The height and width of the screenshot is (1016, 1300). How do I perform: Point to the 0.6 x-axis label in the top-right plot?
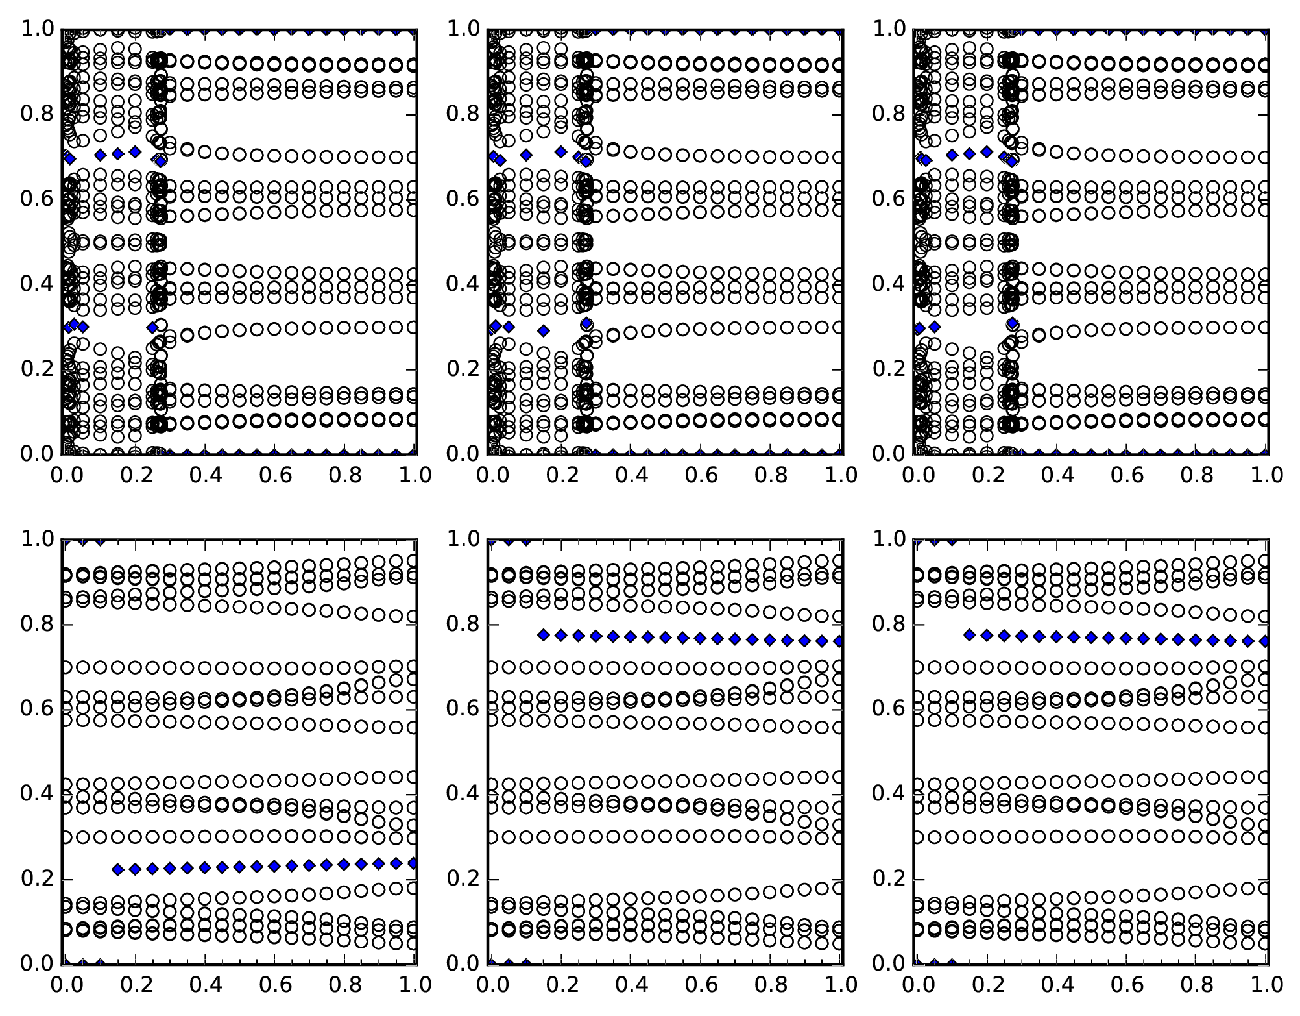tap(1127, 475)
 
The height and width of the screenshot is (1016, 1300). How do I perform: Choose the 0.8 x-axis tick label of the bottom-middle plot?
tap(773, 985)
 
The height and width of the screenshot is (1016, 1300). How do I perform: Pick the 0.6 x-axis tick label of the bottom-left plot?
tap(276, 985)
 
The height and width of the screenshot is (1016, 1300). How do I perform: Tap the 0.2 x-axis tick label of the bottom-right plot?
tap(987, 985)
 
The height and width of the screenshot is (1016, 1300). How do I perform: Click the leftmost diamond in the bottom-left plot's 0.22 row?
tap(118, 870)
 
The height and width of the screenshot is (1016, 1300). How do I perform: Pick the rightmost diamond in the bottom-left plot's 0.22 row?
tap(413, 863)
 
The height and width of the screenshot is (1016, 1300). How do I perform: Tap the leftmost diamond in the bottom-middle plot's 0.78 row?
tap(544, 635)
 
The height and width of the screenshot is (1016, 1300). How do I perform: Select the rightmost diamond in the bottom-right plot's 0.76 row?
tap(1265, 641)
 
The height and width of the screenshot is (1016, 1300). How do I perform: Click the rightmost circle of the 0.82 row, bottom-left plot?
tap(413, 616)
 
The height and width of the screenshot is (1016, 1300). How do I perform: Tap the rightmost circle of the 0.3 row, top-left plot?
tap(413, 327)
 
